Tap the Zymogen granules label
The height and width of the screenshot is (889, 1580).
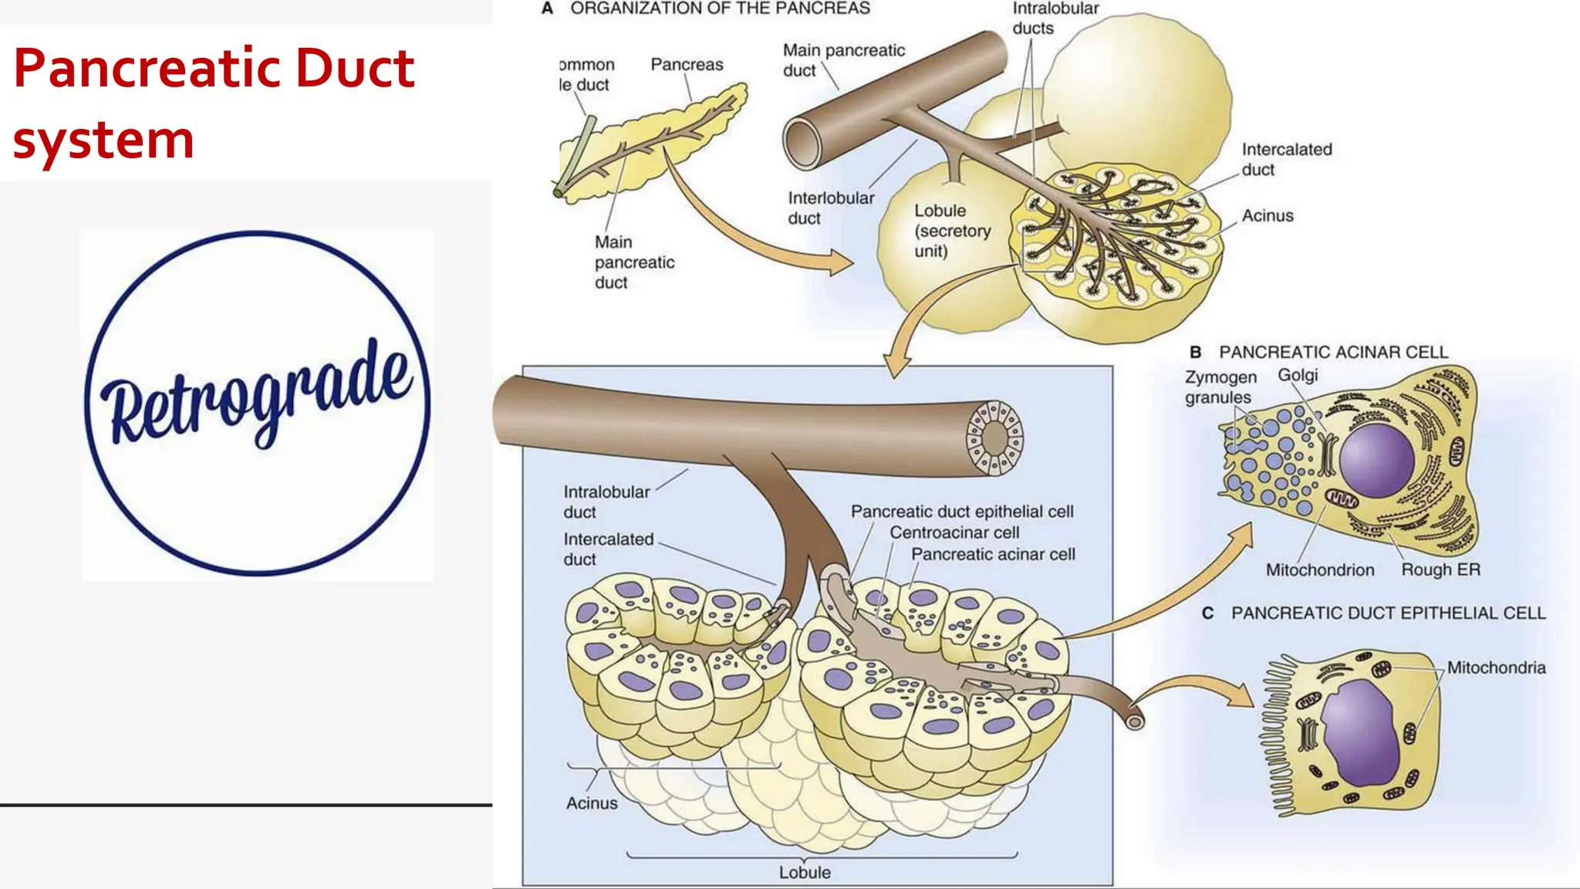pos(1220,387)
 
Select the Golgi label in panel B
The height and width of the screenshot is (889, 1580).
pos(1298,375)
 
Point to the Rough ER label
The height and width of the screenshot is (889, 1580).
pos(1440,570)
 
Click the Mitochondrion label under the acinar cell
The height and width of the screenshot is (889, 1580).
pos(1319,570)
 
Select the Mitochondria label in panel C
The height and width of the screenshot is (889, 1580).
pos(1496,668)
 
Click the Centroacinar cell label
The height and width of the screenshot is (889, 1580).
pos(954,532)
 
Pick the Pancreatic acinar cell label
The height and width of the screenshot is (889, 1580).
pos(993,554)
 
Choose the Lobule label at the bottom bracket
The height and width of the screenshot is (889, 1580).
pos(805,872)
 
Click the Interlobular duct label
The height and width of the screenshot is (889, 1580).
pos(830,208)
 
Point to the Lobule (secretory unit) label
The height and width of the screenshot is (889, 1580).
pos(952,231)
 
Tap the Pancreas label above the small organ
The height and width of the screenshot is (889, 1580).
pos(687,65)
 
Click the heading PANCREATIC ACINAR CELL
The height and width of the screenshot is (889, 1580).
pos(1333,353)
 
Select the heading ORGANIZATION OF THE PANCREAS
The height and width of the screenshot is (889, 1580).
pos(720,8)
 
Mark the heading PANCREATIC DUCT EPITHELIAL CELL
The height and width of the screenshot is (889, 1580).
pos(1388,614)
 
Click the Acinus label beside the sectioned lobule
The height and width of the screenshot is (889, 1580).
pos(1267,216)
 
